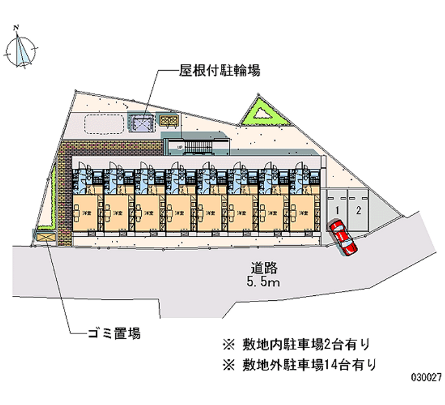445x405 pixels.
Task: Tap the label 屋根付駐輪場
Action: (x=220, y=71)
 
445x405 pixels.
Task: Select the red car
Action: (x=343, y=238)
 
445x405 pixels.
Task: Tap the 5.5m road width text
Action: (x=263, y=282)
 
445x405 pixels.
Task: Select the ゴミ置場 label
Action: (x=113, y=333)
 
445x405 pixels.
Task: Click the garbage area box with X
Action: (x=46, y=237)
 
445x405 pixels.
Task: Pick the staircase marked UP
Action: (x=197, y=147)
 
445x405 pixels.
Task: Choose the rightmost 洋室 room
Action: (x=301, y=213)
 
